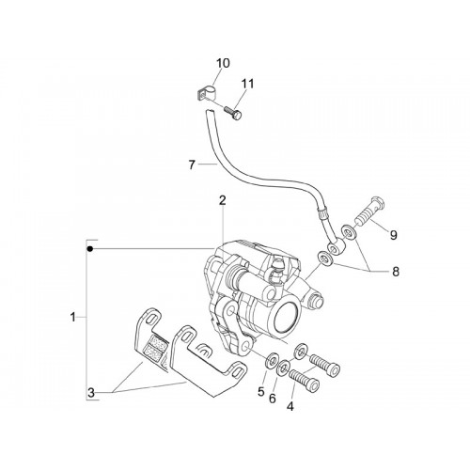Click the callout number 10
pyautogui.click(x=223, y=63)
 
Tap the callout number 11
pyautogui.click(x=247, y=84)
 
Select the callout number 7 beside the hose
pyautogui.click(x=192, y=164)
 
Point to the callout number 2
pyautogui.click(x=222, y=200)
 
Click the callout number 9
pyautogui.click(x=394, y=234)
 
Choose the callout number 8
pyautogui.click(x=396, y=272)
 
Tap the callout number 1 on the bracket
pyautogui.click(x=73, y=318)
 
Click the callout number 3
pyautogui.click(x=91, y=393)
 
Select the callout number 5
pyautogui.click(x=261, y=391)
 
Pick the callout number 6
pyautogui.click(x=273, y=399)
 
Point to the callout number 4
pyautogui.click(x=290, y=406)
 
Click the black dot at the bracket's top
pyautogui.click(x=90, y=249)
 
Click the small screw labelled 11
pyautogui.click(x=234, y=113)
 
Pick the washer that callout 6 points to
pyautogui.click(x=285, y=367)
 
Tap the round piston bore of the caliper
pyautogui.click(x=288, y=317)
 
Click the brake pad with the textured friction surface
pyautogui.click(x=153, y=341)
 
